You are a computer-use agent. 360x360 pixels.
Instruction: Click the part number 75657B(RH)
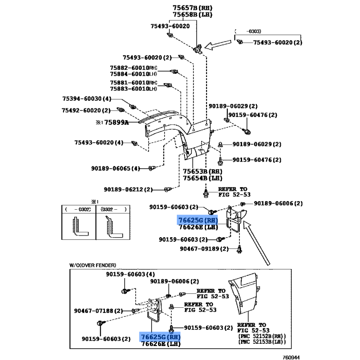click(191, 8)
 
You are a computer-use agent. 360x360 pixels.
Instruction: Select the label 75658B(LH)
click(191, 15)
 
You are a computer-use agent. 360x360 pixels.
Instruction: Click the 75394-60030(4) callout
click(86, 99)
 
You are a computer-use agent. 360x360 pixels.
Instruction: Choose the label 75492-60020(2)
click(86, 110)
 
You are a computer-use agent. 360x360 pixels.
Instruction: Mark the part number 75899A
click(117, 122)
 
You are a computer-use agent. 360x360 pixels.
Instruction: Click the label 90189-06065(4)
click(116, 168)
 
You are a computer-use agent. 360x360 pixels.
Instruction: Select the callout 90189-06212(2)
click(128, 189)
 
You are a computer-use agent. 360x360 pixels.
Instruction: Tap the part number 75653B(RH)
click(201, 171)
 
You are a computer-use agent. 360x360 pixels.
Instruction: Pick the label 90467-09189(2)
click(204, 249)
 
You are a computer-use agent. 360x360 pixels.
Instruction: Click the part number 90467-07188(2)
click(99, 310)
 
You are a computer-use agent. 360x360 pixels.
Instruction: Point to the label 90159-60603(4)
click(130, 274)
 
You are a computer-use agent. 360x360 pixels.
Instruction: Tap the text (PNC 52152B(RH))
click(261, 336)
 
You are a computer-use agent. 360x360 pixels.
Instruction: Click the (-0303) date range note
click(254, 31)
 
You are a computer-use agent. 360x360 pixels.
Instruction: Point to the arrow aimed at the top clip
click(218, 45)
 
